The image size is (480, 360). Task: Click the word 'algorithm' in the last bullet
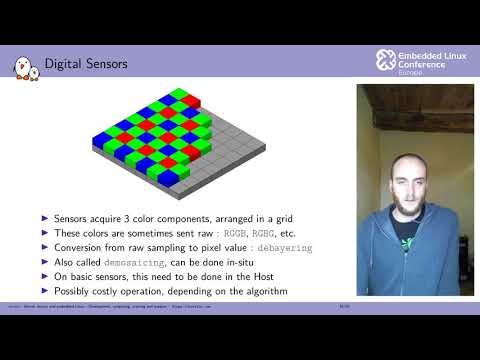(x=262, y=290)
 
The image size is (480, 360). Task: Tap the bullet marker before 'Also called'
(x=45, y=262)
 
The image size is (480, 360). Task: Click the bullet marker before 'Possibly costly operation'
(x=45, y=290)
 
